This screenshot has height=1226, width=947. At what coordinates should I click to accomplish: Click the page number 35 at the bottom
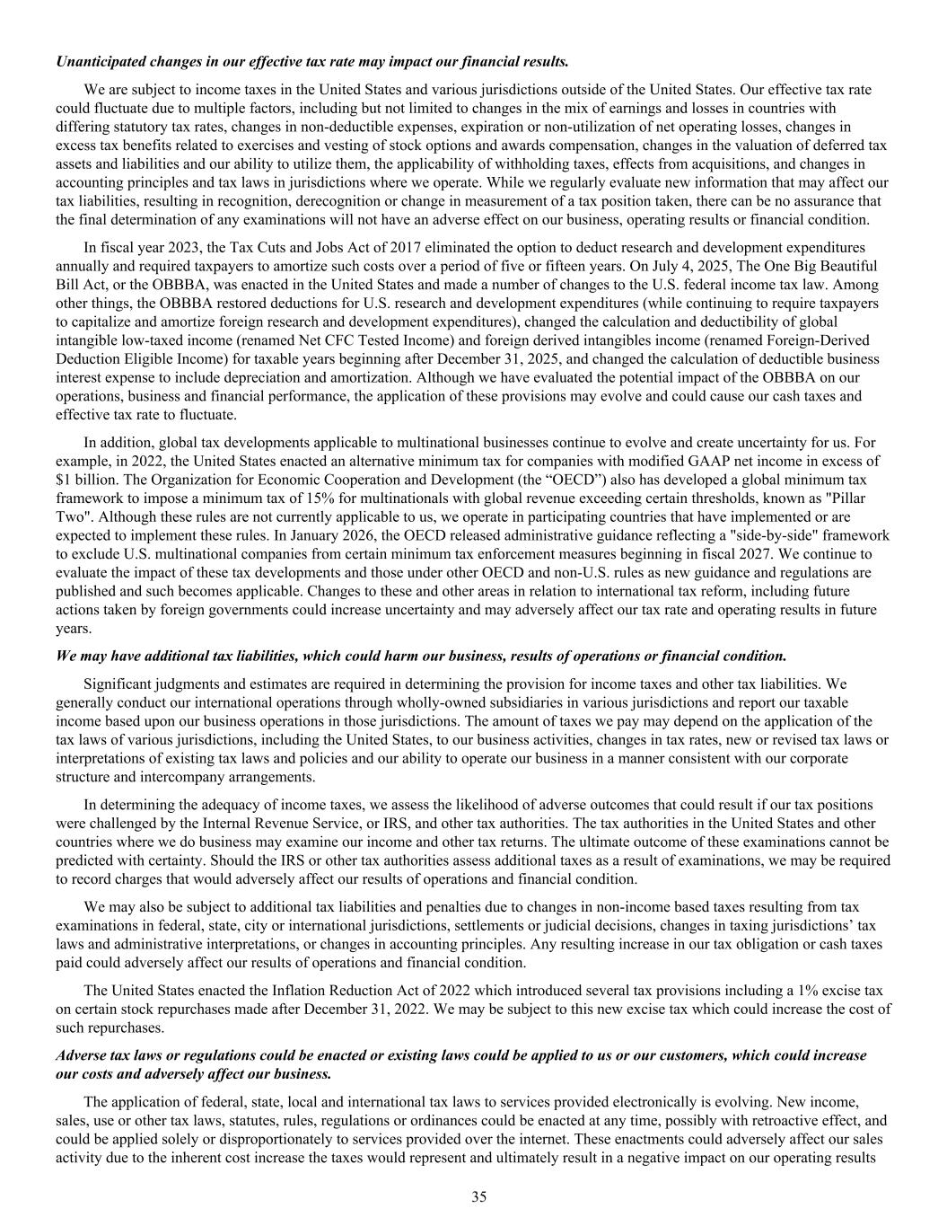point(479,1195)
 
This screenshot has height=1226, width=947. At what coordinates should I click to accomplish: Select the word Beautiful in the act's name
point(844,266)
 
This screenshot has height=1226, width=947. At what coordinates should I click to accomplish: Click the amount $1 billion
point(83,479)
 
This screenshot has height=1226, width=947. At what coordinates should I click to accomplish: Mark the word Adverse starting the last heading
point(82,1054)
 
